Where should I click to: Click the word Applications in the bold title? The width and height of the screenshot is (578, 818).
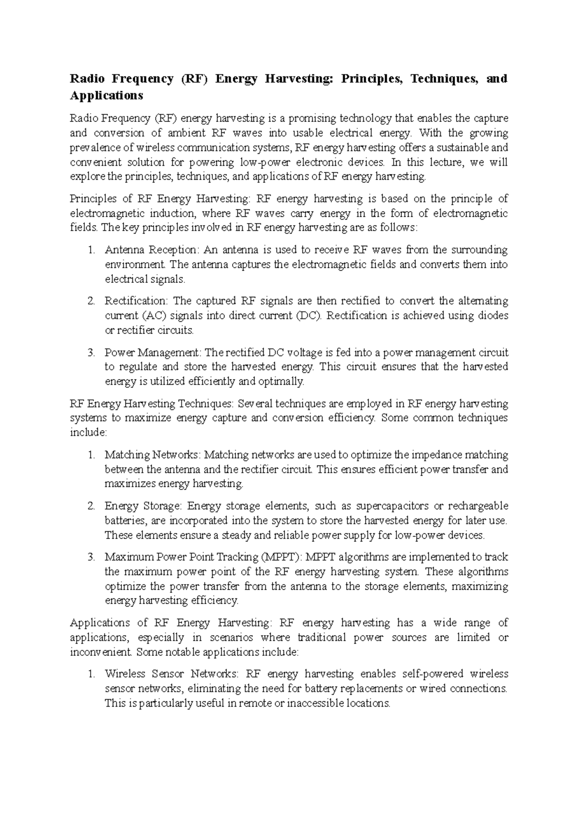click(x=106, y=95)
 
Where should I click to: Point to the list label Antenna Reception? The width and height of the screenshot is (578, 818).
click(x=151, y=250)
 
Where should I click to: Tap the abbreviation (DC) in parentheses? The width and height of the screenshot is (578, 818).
click(x=308, y=316)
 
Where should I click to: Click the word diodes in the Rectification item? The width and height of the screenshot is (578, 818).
click(x=493, y=316)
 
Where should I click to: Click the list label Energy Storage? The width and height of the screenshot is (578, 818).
click(x=143, y=506)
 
